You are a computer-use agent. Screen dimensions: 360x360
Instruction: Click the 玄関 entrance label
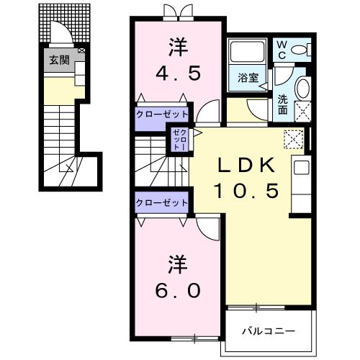59,61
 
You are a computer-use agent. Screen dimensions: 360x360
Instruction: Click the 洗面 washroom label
283,105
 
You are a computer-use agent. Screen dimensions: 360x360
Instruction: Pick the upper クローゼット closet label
162,114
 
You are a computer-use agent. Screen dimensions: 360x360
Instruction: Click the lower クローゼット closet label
162,203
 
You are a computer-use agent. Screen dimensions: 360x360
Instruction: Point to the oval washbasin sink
303,91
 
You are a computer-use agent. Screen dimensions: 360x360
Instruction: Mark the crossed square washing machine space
303,112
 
